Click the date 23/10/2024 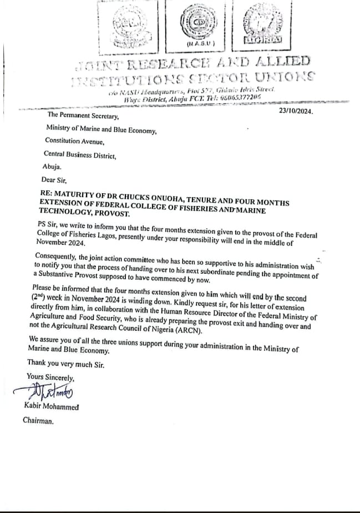pyautogui.click(x=296, y=112)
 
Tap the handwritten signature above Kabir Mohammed pyautogui.click(x=49, y=392)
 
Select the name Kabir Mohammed pyautogui.click(x=52, y=406)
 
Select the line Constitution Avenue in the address pyautogui.click(x=75, y=143)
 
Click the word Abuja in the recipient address pyautogui.click(x=52, y=166)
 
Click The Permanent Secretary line pyautogui.click(x=83, y=115)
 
